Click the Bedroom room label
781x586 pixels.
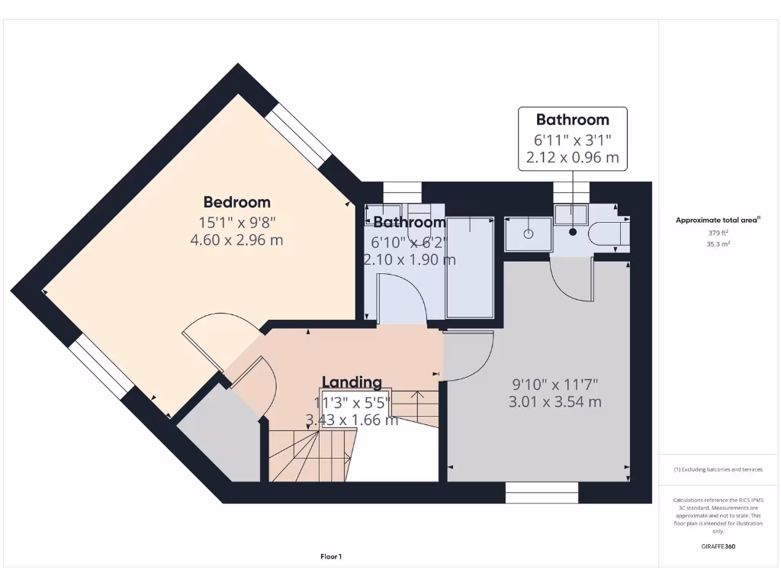click(236, 202)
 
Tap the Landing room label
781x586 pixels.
click(352, 382)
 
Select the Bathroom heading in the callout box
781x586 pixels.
click(572, 120)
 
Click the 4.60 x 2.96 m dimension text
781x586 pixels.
click(236, 240)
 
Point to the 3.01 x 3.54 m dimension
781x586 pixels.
click(554, 401)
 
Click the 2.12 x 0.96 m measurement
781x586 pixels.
click(572, 159)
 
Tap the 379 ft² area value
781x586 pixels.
click(718, 233)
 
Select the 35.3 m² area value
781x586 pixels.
click(718, 244)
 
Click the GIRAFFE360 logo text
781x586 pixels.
click(718, 546)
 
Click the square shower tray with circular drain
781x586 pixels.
click(528, 233)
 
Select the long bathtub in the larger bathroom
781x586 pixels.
click(470, 267)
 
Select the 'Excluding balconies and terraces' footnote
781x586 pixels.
click(718, 469)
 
